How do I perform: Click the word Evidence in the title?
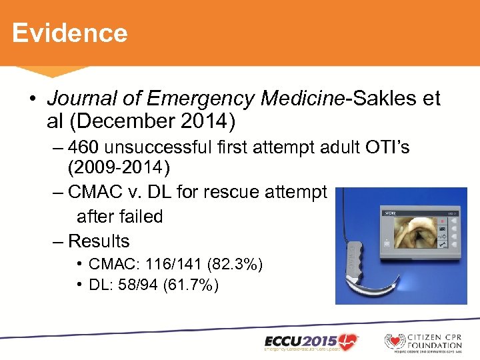69,33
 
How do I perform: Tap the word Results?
99,241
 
